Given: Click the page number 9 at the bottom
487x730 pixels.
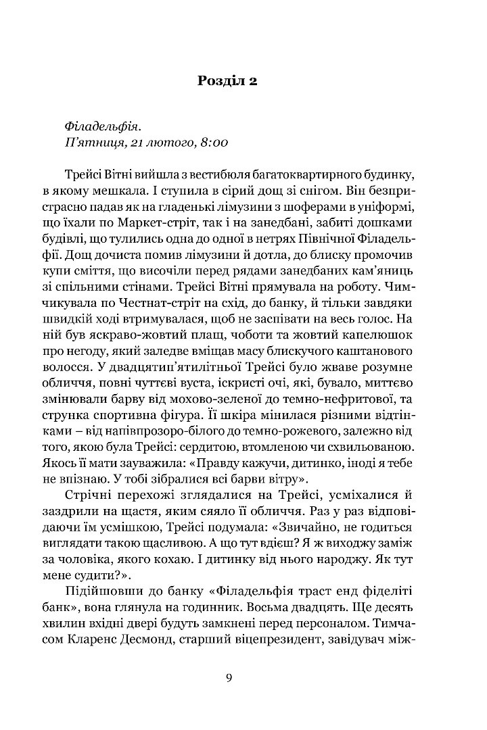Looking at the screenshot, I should click(230, 679).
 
